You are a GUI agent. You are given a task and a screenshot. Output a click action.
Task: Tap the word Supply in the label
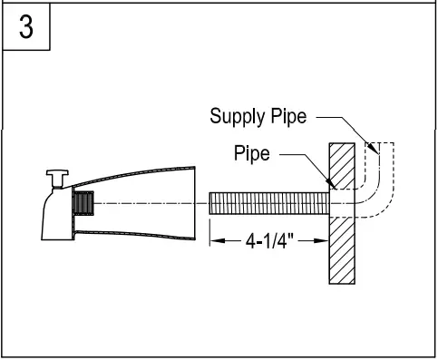pos(233,116)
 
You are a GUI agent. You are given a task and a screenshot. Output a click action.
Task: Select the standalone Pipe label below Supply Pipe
pos(252,153)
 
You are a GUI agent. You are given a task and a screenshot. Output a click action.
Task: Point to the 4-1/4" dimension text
pos(268,241)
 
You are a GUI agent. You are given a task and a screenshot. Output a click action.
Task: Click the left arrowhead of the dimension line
pos(215,241)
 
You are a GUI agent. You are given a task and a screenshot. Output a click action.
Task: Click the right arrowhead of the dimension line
pos(324,241)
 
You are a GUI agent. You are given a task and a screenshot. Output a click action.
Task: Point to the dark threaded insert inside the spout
pos(83,203)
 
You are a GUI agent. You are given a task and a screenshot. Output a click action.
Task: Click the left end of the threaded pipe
pos(212,203)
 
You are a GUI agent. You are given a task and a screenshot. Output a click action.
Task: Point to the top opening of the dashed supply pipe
pos(373,145)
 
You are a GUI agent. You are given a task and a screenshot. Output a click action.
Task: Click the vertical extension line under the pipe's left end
pos(210,231)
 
